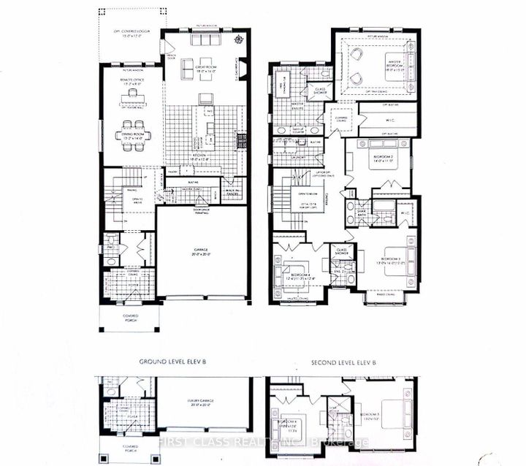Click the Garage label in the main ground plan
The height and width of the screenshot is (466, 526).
[x=202, y=253]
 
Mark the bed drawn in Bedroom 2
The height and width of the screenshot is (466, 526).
[x=384, y=157]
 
